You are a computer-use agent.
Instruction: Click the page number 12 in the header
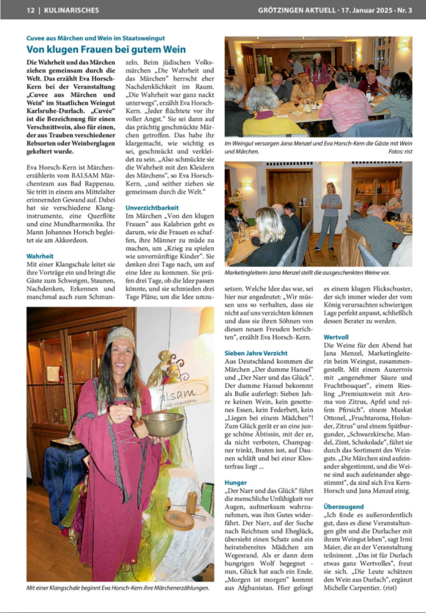click(31, 10)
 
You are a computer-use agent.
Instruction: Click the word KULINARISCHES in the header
click(72, 10)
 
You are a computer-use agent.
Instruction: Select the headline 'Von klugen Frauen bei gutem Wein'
click(106, 50)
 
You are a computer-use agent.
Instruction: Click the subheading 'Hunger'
click(235, 482)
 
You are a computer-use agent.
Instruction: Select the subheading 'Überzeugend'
click(343, 506)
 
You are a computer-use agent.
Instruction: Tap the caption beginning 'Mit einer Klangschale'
click(118, 588)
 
